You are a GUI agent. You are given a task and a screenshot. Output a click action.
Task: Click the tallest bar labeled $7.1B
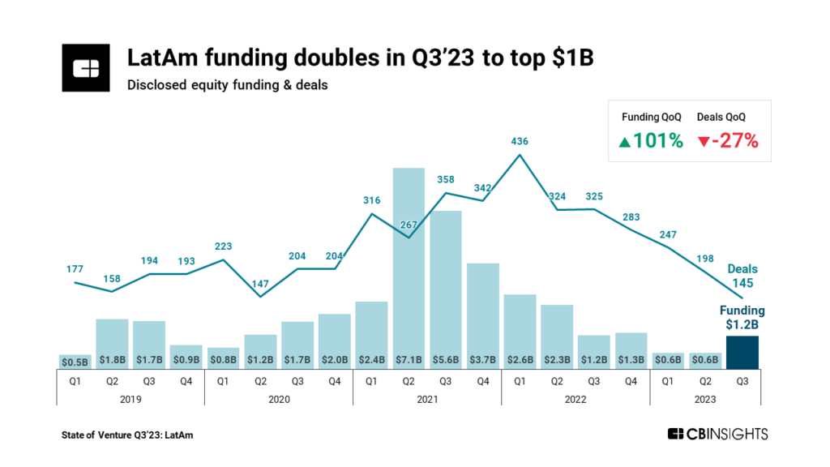click(409, 268)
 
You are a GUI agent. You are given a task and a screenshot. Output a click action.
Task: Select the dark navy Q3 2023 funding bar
click(742, 353)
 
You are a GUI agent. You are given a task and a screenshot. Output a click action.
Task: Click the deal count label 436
click(520, 141)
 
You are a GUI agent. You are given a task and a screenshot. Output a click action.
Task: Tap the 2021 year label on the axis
click(427, 399)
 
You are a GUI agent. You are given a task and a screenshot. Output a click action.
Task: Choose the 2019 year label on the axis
click(130, 399)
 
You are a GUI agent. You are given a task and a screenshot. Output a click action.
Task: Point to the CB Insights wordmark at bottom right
click(717, 435)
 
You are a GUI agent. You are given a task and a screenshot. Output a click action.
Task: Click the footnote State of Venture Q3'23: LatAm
click(127, 435)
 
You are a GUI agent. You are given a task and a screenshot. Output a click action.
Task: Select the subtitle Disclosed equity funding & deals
click(227, 84)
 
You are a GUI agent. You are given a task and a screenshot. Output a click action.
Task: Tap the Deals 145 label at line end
click(742, 276)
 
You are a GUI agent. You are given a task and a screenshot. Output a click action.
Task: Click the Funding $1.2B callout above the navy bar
click(742, 318)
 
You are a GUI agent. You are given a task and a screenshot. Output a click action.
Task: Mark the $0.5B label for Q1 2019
click(75, 360)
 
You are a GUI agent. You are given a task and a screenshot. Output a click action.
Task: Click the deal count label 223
click(224, 246)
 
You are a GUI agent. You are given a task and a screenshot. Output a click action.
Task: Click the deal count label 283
click(631, 217)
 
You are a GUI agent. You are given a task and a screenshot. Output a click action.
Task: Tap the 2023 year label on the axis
click(705, 399)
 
